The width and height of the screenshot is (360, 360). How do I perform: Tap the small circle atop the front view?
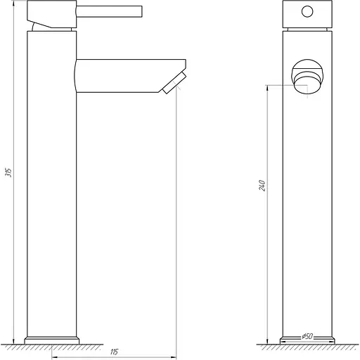click(306, 12)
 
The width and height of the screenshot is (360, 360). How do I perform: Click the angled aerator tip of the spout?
click(174, 82)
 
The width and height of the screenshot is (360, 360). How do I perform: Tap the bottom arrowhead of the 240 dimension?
click(268, 340)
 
